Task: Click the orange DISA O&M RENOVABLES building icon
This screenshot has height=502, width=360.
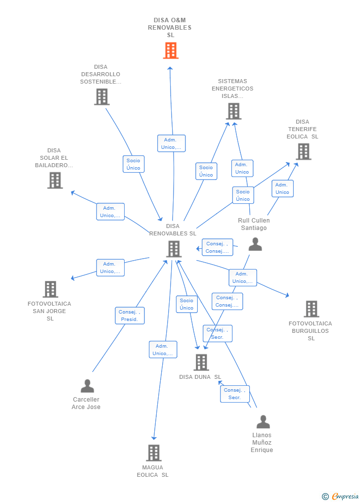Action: pos(170,50)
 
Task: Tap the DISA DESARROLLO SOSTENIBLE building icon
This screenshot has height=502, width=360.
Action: pos(101,97)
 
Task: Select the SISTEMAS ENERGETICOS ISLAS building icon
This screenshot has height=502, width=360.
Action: pos(233,111)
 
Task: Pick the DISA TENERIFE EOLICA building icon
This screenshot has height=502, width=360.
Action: pos(303,152)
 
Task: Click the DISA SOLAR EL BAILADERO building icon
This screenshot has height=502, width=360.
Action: pos(55,181)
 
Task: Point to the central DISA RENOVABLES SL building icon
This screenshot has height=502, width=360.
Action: pos(174,249)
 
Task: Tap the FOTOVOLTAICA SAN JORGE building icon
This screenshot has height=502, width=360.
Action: pos(50,289)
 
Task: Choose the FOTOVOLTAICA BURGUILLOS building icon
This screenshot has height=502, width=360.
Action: pos(311,309)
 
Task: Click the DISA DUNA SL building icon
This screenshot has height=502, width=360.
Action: pos(201,363)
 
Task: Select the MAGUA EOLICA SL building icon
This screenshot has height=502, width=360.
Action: pos(153,453)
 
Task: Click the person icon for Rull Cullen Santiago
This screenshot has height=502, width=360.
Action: pos(255,244)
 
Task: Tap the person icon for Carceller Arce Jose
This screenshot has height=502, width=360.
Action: pos(87,386)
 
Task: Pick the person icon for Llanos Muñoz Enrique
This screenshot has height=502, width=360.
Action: pos(263,422)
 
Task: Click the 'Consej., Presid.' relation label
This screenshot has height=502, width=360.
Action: pos(130,316)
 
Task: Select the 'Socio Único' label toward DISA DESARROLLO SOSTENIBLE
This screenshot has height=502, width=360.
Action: pos(133,164)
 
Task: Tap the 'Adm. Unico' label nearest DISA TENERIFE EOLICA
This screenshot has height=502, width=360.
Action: pos(282,188)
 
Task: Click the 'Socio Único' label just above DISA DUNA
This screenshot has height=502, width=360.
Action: pos(186,304)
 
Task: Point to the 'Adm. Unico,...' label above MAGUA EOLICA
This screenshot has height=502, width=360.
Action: pos(163,350)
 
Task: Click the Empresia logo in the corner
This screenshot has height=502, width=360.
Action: pos(340,496)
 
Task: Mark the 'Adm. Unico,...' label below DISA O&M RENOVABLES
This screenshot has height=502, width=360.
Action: pos(171,143)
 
